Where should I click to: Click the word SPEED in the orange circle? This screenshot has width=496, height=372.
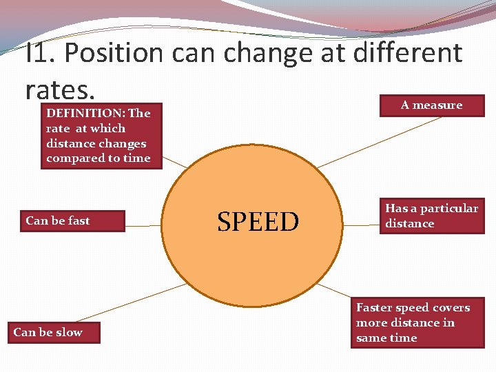[258, 222]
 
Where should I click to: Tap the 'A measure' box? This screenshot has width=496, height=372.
[431, 105]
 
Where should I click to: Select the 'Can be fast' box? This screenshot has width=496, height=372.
[72, 221]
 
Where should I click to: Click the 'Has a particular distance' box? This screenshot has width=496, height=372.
[431, 216]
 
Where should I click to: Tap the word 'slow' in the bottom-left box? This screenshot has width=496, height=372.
[69, 333]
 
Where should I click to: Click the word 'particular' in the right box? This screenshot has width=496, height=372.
[449, 208]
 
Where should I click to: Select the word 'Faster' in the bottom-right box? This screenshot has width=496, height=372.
[375, 308]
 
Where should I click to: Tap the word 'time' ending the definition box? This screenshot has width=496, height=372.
[136, 158]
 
